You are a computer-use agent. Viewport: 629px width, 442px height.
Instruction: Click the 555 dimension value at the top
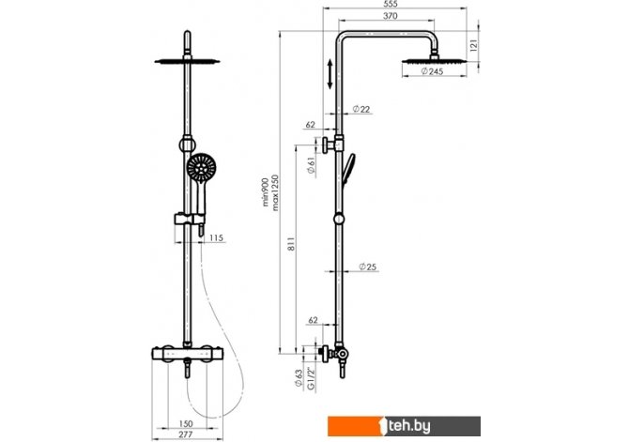click(x=391, y=4)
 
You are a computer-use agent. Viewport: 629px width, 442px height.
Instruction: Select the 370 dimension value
click(x=391, y=16)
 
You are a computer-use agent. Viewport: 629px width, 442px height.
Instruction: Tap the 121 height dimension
click(x=474, y=45)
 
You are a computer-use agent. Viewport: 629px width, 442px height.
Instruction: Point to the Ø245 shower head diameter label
click(x=432, y=71)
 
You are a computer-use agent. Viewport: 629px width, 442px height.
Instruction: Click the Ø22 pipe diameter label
click(x=361, y=109)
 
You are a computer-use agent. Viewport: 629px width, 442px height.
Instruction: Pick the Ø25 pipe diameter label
click(x=367, y=267)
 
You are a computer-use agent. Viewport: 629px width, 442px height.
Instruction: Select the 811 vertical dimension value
click(x=291, y=244)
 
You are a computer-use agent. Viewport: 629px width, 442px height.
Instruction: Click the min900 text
click(x=265, y=192)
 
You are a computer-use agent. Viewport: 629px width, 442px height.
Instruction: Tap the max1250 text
click(x=275, y=192)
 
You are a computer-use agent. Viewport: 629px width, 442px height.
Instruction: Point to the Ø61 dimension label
click(x=312, y=165)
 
